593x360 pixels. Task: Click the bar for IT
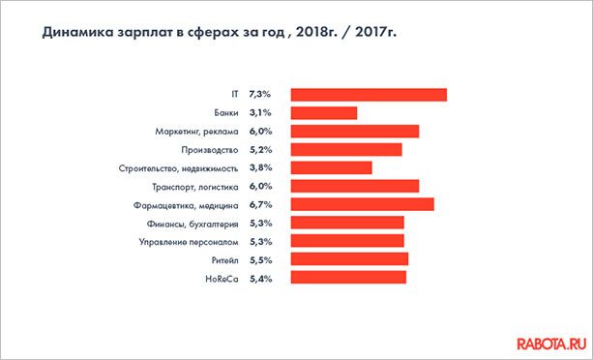tap(368, 95)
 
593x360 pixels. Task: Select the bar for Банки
tap(323, 113)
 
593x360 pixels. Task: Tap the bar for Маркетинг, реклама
tap(354, 132)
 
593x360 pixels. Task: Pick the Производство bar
tap(345, 150)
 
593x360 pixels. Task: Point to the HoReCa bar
tap(348, 279)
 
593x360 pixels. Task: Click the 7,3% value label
tap(260, 95)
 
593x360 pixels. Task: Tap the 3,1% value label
tap(260, 113)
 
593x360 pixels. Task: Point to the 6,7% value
tap(260, 205)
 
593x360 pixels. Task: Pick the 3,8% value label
tap(260, 168)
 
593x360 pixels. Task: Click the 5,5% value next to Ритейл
tap(260, 260)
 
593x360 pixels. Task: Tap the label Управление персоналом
tap(188, 242)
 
